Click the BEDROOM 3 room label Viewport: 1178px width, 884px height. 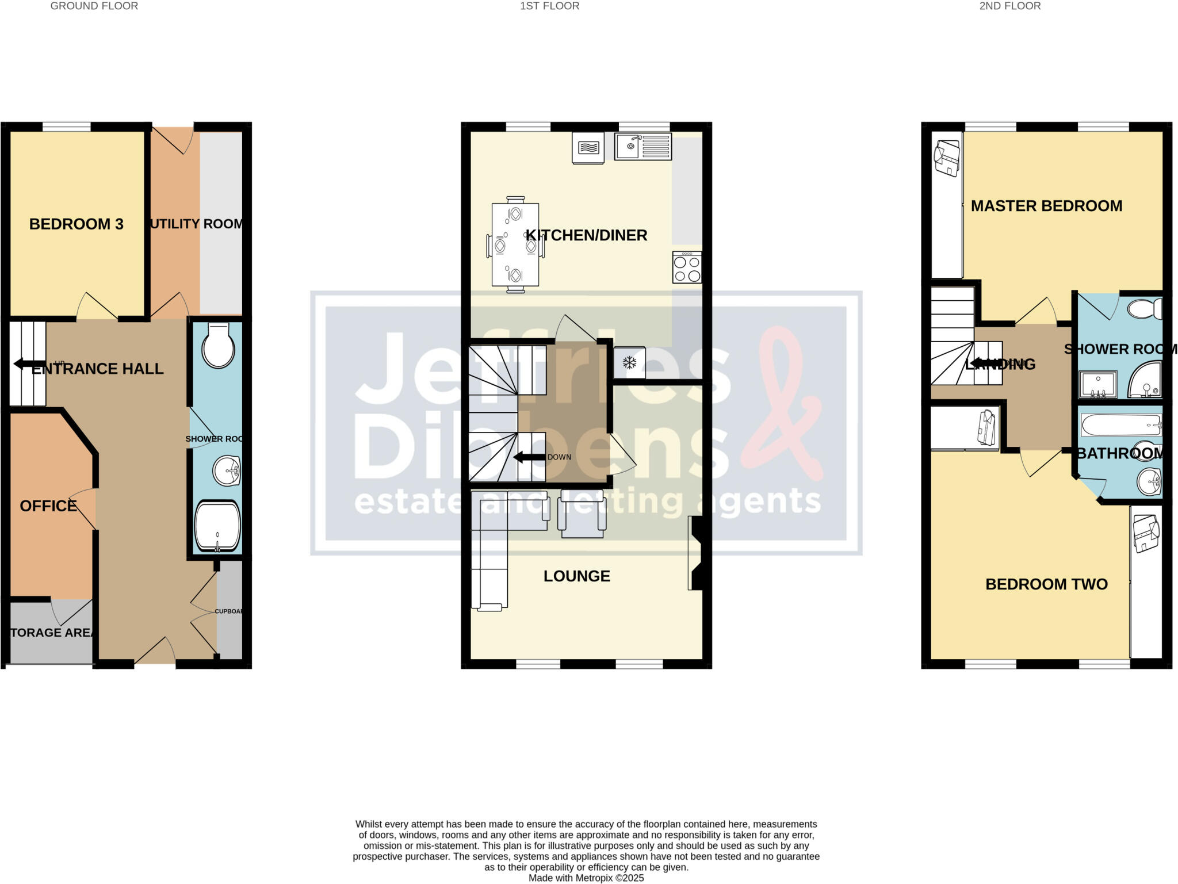coord(76,224)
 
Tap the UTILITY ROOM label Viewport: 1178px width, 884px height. coord(196,224)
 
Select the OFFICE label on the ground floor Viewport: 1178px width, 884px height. coord(48,506)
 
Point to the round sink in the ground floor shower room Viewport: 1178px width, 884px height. coord(227,471)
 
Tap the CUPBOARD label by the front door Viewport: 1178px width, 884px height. coord(229,611)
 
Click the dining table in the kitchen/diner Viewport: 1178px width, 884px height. coord(515,244)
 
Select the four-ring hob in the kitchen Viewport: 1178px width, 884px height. coord(687,267)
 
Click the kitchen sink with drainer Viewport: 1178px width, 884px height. coord(642,146)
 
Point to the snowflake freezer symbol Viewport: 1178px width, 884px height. coord(630,363)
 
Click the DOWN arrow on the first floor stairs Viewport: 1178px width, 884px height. coord(529,457)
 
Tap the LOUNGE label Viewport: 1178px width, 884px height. coord(576,576)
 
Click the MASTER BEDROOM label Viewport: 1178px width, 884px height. coord(1046,206)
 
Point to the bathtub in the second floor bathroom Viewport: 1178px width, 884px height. coord(1120,426)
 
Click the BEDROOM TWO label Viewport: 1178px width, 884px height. coord(1046,584)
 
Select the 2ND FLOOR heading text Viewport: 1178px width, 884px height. coord(1009,6)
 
